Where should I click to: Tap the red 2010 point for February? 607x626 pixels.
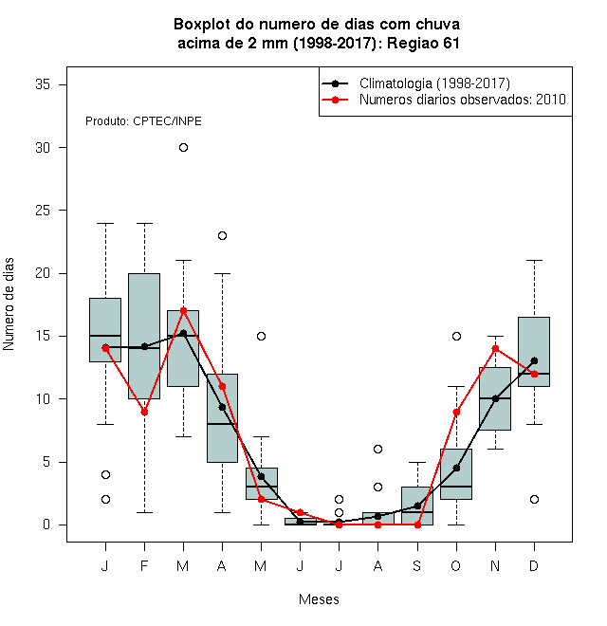pyautogui.click(x=144, y=412)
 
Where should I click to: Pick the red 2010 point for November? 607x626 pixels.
pyautogui.click(x=496, y=348)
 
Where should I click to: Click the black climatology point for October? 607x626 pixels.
pyautogui.click(x=456, y=468)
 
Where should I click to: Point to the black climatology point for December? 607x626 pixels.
pyautogui.click(x=534, y=361)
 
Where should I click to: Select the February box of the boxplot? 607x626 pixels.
pyautogui.click(x=144, y=336)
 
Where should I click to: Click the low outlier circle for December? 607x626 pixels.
pyautogui.click(x=534, y=499)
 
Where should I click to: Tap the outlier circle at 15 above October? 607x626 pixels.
pyautogui.click(x=456, y=336)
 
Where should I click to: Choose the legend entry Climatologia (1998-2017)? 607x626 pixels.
pyautogui.click(x=415, y=83)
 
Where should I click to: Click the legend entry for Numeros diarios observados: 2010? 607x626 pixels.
pyautogui.click(x=443, y=100)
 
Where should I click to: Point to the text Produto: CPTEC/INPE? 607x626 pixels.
pyautogui.click(x=143, y=121)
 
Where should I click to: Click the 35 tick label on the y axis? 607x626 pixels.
pyautogui.click(x=43, y=84)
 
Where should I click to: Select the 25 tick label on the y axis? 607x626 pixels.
pyautogui.click(x=43, y=210)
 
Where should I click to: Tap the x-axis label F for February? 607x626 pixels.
pyautogui.click(x=144, y=565)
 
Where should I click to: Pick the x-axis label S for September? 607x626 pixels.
pyautogui.click(x=417, y=565)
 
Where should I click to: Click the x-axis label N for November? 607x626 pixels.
pyautogui.click(x=495, y=565)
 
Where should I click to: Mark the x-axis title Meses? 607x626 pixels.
pyautogui.click(x=319, y=599)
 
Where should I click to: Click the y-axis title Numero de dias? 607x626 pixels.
pyautogui.click(x=9, y=304)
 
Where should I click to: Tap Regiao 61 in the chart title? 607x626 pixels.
pyautogui.click(x=423, y=43)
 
